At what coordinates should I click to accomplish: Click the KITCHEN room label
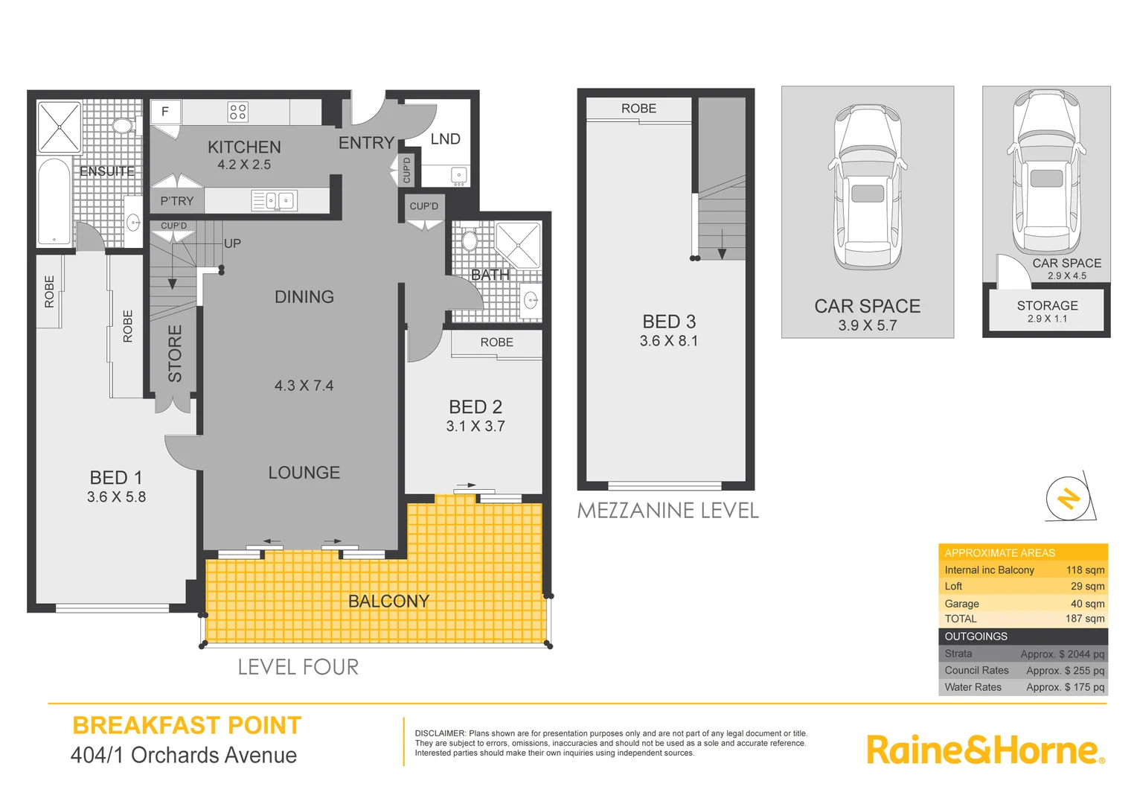pyautogui.click(x=244, y=147)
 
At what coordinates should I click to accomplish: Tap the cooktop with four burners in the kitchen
pyautogui.click(x=237, y=112)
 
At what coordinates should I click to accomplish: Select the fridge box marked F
pyautogui.click(x=165, y=112)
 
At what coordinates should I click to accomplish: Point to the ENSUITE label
pyautogui.click(x=107, y=171)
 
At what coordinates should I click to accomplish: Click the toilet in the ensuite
pyautogui.click(x=124, y=125)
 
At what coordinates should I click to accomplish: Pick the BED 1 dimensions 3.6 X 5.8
pyautogui.click(x=116, y=497)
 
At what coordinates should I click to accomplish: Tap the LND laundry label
pyautogui.click(x=445, y=139)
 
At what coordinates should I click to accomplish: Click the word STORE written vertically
pyautogui.click(x=175, y=354)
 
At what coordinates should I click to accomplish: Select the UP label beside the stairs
pyautogui.click(x=232, y=243)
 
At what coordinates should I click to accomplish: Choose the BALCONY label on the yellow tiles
pyautogui.click(x=388, y=602)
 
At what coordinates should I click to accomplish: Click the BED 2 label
pyautogui.click(x=475, y=407)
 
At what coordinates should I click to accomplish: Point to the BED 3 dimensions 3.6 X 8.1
pyautogui.click(x=668, y=341)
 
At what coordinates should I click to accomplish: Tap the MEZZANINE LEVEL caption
pyautogui.click(x=667, y=511)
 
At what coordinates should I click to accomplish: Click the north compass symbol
pyautogui.click(x=1069, y=497)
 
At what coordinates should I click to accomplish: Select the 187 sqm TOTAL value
pyautogui.click(x=1084, y=619)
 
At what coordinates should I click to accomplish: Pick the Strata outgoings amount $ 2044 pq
pyautogui.click(x=1062, y=654)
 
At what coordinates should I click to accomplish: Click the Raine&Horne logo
pyautogui.click(x=984, y=750)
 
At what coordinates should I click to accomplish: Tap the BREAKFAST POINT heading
pyautogui.click(x=187, y=725)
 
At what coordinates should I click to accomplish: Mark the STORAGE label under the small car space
pyautogui.click(x=1047, y=306)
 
